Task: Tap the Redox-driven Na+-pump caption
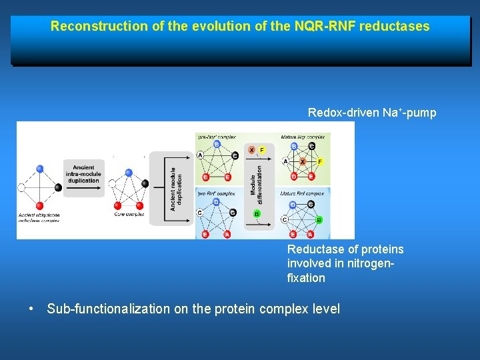pyautogui.click(x=372, y=113)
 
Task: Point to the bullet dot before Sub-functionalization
pyautogui.click(x=31, y=309)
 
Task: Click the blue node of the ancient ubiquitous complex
pyautogui.click(x=40, y=169)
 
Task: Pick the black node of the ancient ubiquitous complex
pyautogui.click(x=59, y=187)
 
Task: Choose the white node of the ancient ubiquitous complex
pyautogui.click(x=21, y=188)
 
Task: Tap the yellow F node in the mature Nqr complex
pyautogui.click(x=319, y=162)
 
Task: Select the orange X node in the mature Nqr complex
pyautogui.click(x=303, y=162)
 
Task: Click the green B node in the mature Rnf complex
pyautogui.click(x=319, y=219)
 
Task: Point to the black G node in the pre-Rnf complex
pyautogui.click(x=233, y=213)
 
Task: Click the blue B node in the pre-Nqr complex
pyautogui.click(x=217, y=143)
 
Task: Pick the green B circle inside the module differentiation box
pyautogui.click(x=257, y=214)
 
